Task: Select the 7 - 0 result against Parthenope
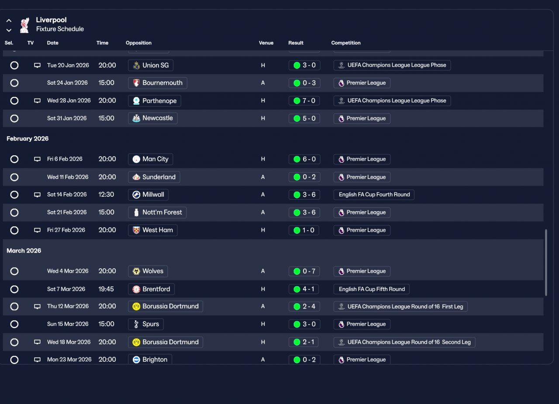point(304,101)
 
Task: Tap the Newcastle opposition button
point(152,118)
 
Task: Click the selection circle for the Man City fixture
point(14,159)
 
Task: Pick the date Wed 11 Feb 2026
point(67,177)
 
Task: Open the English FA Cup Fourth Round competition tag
point(374,195)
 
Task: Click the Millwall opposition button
point(148,195)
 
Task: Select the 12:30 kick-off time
point(107,195)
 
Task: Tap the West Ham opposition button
point(152,230)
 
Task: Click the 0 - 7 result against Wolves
point(304,271)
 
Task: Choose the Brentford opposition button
point(151,289)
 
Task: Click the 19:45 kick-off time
point(107,289)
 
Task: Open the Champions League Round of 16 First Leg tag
point(400,307)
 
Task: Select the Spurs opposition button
point(146,324)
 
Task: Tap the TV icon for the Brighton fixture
point(37,360)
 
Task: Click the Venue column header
point(266,43)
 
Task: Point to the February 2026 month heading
point(28,139)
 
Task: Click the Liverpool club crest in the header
point(24,25)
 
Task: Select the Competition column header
point(346,43)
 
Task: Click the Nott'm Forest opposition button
point(157,212)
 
